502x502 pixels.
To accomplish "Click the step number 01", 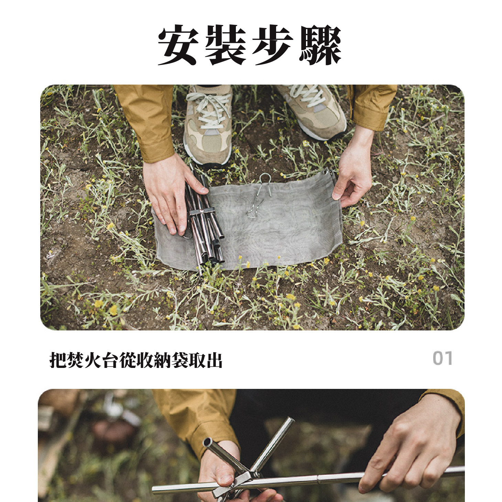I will (x=443, y=358).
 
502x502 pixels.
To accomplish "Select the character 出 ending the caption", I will (x=214, y=360).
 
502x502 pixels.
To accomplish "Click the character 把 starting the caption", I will (x=58, y=360).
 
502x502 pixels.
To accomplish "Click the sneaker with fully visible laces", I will (x=208, y=124).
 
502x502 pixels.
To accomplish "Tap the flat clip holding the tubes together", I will (x=202, y=212).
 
